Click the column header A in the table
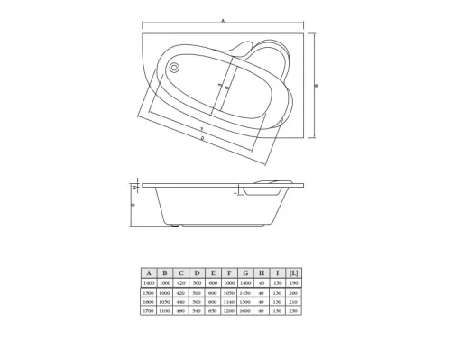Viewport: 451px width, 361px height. point(148,272)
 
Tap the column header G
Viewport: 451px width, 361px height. point(245,272)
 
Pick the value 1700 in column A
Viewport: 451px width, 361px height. point(148,310)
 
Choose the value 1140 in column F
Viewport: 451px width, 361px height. point(229,301)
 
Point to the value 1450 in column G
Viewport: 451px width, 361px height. point(245,292)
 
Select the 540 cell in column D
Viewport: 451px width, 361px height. point(197,310)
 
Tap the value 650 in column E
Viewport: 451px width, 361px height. point(213,310)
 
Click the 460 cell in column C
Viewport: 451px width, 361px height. point(180,310)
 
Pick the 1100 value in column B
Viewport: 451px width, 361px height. point(164,310)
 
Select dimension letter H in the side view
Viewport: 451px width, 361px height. point(134,187)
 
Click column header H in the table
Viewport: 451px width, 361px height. point(262,272)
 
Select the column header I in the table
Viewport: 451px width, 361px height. point(279,272)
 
